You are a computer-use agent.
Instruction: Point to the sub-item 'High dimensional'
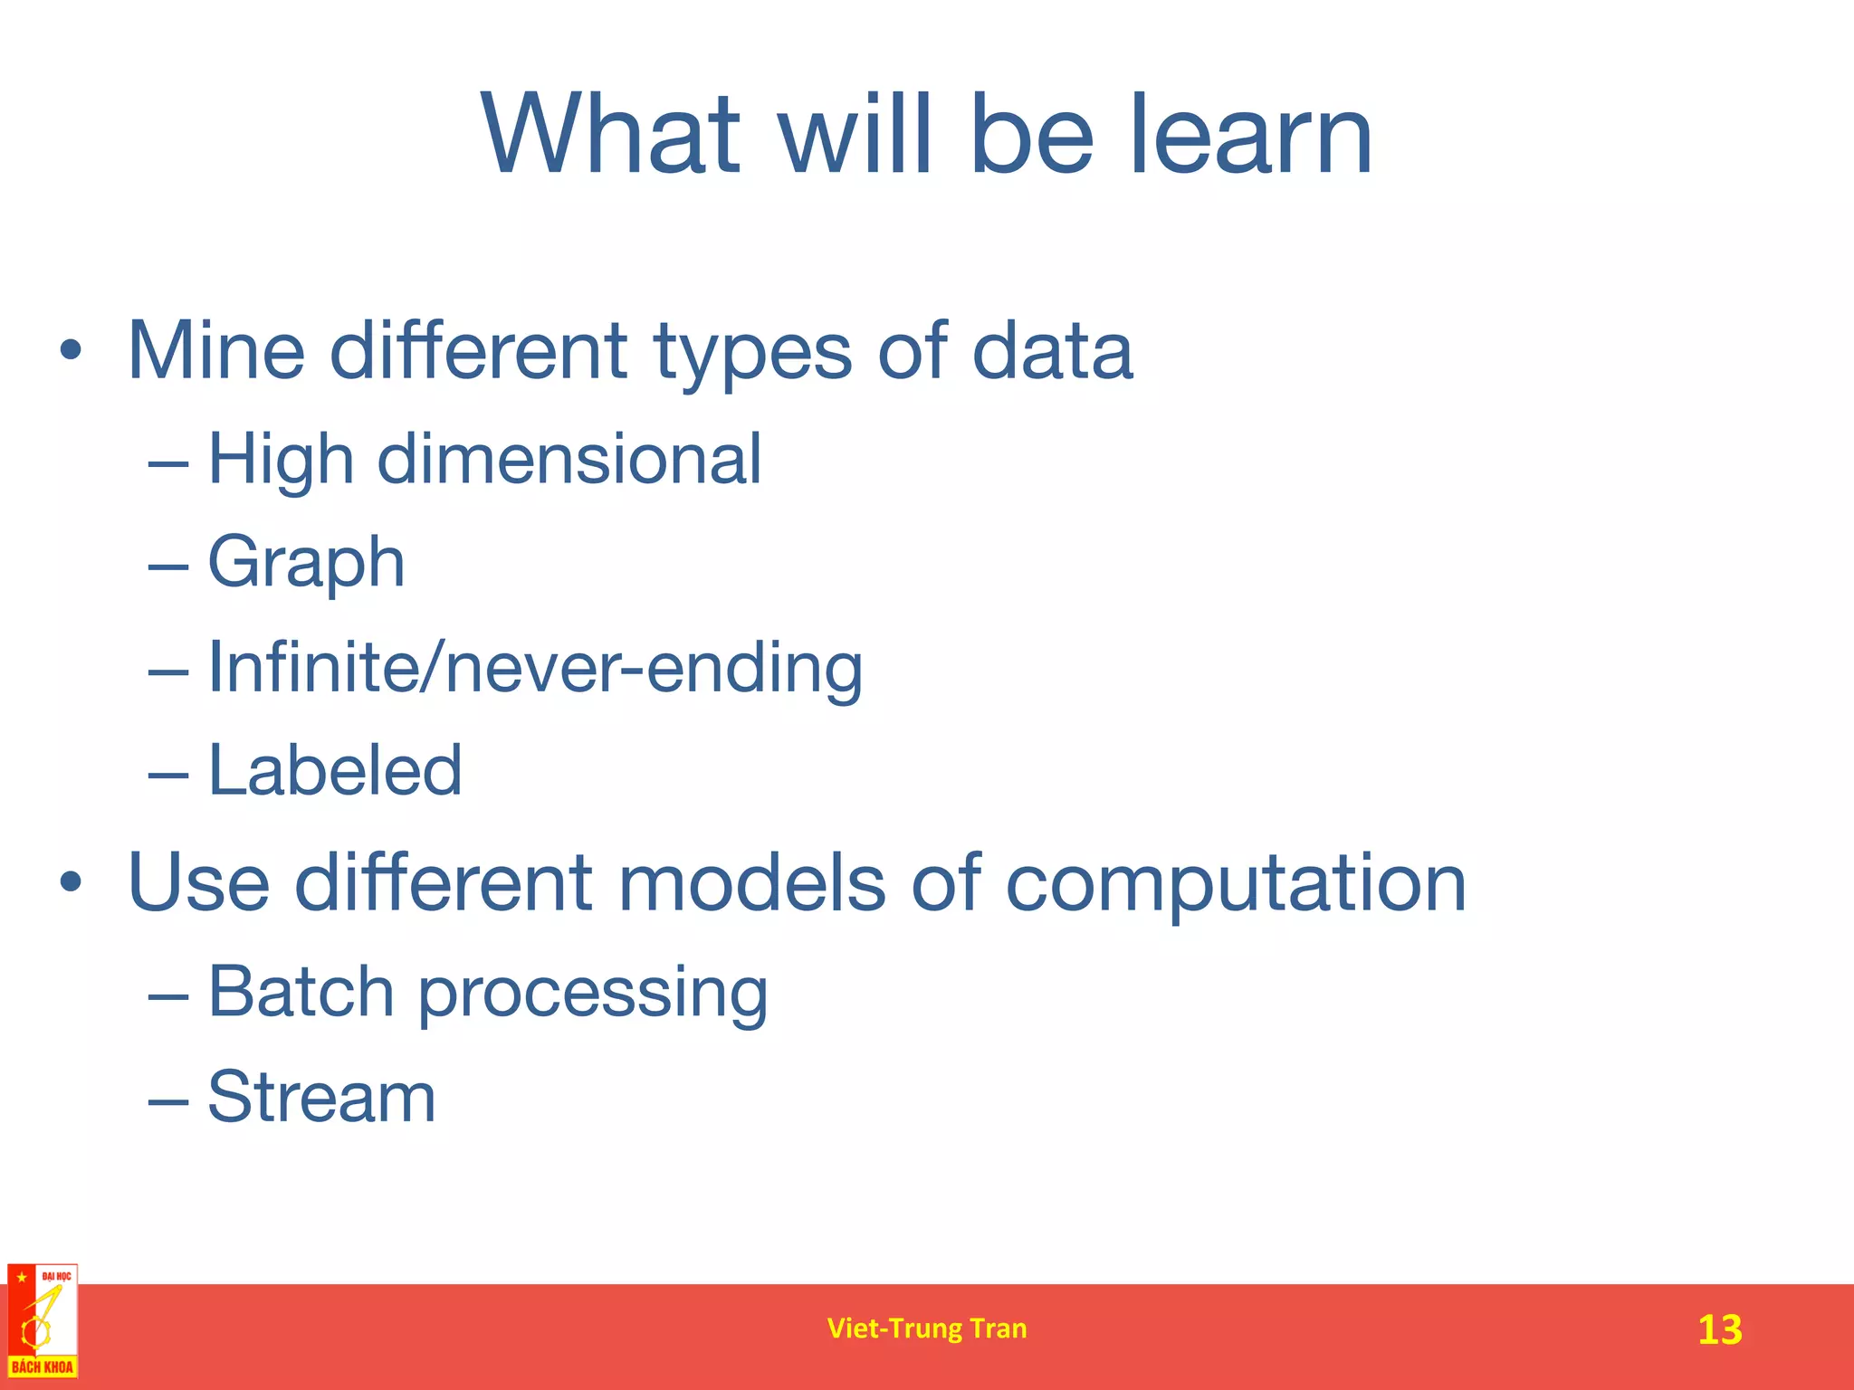(484, 460)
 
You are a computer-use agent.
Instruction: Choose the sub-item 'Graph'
(306, 563)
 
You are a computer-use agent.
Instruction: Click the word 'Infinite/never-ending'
(535, 668)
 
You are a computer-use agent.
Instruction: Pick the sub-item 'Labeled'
(335, 770)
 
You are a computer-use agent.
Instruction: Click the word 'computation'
(1236, 885)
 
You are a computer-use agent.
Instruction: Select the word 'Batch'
(301, 991)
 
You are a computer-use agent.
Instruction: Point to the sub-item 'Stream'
(321, 1097)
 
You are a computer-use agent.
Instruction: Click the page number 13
(1719, 1329)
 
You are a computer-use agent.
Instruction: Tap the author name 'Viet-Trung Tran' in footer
(927, 1328)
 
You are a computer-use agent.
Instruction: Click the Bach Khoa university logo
(43, 1321)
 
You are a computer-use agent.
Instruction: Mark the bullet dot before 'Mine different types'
(72, 351)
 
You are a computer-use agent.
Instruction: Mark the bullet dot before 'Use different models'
(72, 882)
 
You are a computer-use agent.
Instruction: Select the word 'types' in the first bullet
(752, 353)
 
